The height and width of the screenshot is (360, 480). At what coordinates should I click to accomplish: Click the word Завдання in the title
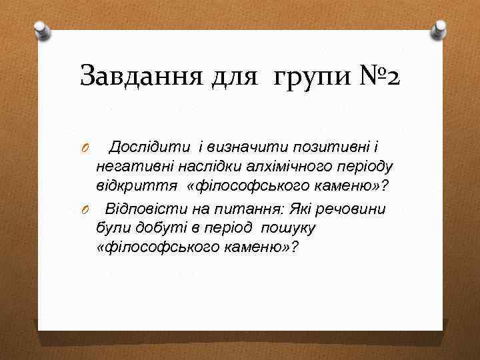tap(137, 76)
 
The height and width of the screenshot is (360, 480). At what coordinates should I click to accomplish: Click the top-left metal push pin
tap(42, 30)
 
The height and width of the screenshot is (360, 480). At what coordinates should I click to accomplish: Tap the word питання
tap(249, 209)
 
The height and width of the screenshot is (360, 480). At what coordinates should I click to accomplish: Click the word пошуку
tap(288, 228)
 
